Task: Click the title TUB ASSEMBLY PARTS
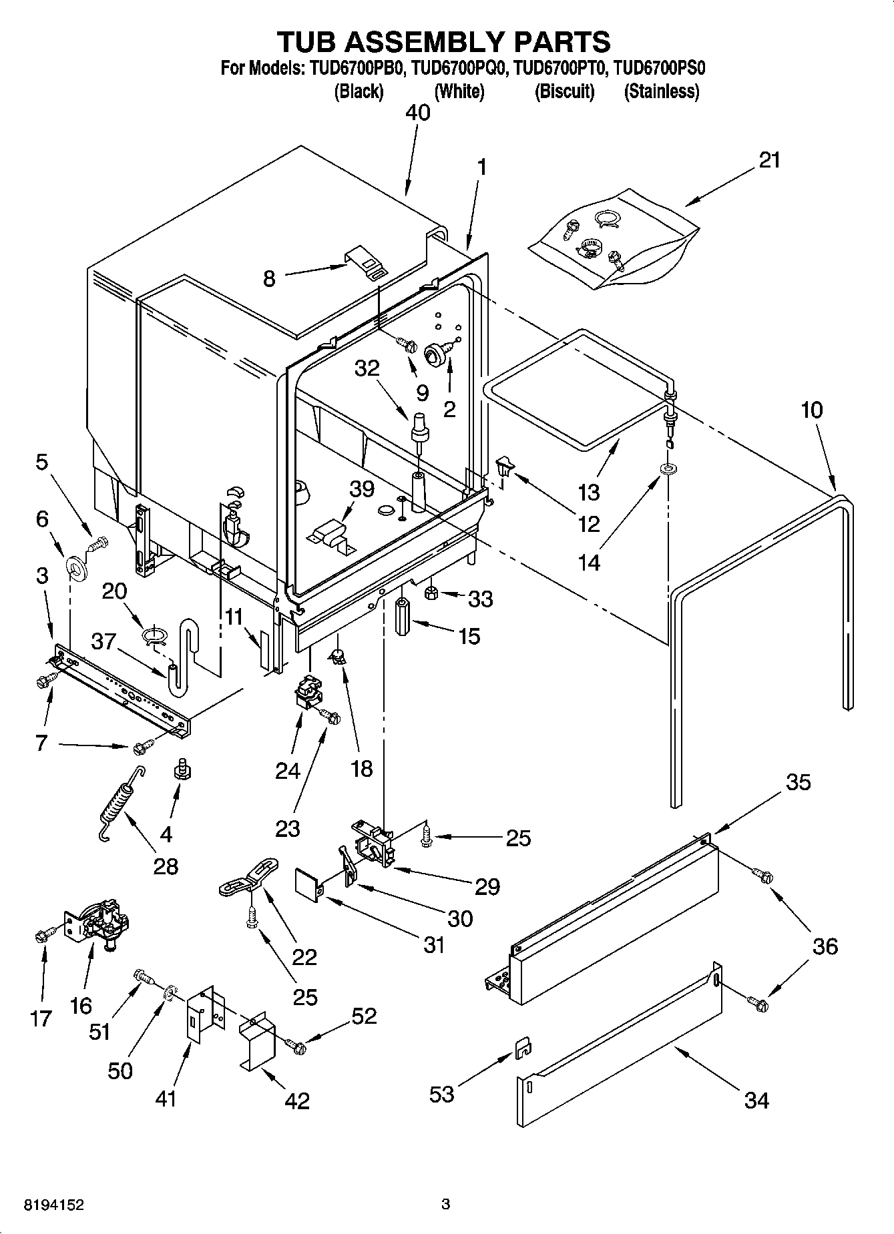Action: pos(443,41)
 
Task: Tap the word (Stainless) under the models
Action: pos(661,91)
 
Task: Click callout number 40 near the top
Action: pos(419,112)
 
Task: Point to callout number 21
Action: pos(770,160)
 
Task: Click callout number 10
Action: pos(812,410)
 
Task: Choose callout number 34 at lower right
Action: pos(756,1100)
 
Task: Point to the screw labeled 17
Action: pos(42,936)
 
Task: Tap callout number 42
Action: pos(297,1101)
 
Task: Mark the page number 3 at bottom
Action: pos(446,1205)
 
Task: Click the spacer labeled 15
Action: pos(403,617)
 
